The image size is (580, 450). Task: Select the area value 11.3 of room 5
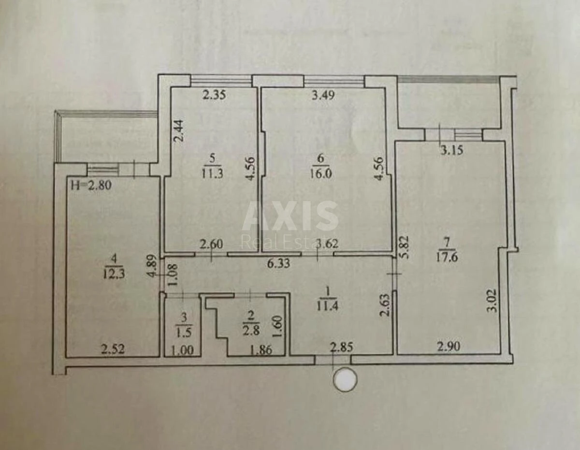(212, 174)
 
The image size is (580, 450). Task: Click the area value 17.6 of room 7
(447, 258)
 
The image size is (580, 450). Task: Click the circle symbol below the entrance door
(346, 379)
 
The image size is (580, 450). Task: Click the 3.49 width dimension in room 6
(322, 95)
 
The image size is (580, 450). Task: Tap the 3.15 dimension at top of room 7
(451, 150)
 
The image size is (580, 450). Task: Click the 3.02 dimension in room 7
(492, 300)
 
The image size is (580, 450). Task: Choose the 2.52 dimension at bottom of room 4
(113, 349)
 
